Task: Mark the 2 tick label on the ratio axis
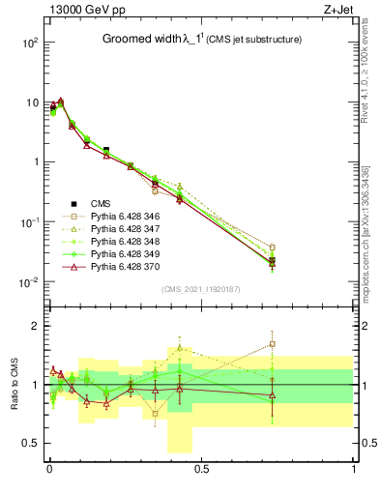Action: pos(34,326)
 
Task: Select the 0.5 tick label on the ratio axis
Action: pos(31,443)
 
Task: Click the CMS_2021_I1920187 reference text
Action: pos(200,288)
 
